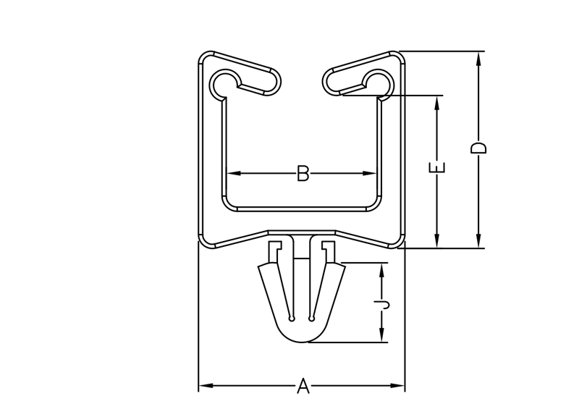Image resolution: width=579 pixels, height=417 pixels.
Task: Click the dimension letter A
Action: click(x=303, y=386)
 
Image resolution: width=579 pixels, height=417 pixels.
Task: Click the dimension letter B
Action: click(x=303, y=173)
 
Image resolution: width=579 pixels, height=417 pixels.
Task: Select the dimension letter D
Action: click(x=478, y=148)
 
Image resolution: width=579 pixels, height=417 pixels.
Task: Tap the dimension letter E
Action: click(x=437, y=167)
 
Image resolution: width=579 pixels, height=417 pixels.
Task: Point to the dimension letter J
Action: click(x=382, y=305)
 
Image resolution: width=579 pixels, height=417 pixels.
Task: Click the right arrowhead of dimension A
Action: click(x=397, y=386)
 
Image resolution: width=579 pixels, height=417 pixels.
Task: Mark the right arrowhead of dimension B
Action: click(x=370, y=173)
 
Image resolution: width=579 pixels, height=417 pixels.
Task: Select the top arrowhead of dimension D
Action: click(x=478, y=59)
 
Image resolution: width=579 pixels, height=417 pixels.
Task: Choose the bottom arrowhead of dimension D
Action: click(x=478, y=240)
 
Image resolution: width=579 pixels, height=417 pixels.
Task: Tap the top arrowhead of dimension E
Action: click(x=437, y=103)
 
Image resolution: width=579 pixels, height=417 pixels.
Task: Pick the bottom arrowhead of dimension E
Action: click(x=437, y=240)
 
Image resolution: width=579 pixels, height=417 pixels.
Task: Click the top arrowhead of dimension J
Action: click(x=382, y=270)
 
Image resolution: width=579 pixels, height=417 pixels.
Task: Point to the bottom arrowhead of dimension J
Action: click(x=382, y=335)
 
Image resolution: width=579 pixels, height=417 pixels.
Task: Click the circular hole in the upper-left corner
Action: click(x=227, y=82)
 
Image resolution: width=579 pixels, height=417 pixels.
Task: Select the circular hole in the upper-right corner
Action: click(x=377, y=82)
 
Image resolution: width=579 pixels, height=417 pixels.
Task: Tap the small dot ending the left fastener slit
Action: click(x=292, y=319)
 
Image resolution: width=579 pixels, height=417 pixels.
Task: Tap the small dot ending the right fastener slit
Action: click(x=312, y=319)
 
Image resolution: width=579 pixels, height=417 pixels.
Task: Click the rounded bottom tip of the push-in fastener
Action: click(x=302, y=342)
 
